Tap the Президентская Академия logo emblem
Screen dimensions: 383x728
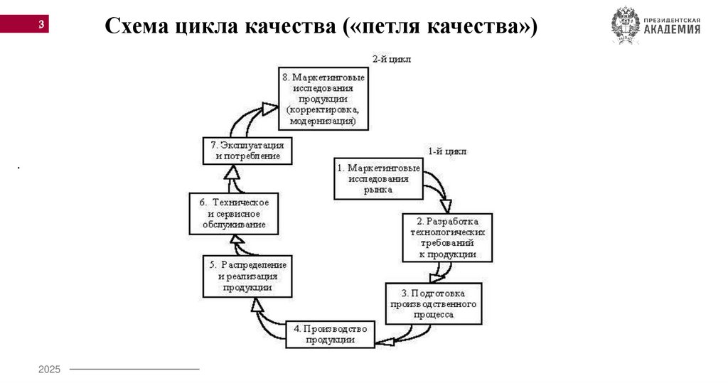(x=625, y=25)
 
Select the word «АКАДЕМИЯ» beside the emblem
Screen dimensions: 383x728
(x=672, y=30)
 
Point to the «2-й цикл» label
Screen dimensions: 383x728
(x=392, y=59)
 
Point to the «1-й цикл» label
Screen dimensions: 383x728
(x=447, y=151)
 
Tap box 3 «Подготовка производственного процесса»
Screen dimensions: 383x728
(x=434, y=303)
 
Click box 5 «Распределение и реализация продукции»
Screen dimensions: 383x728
(x=247, y=276)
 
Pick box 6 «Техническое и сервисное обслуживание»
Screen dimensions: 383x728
(x=233, y=214)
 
